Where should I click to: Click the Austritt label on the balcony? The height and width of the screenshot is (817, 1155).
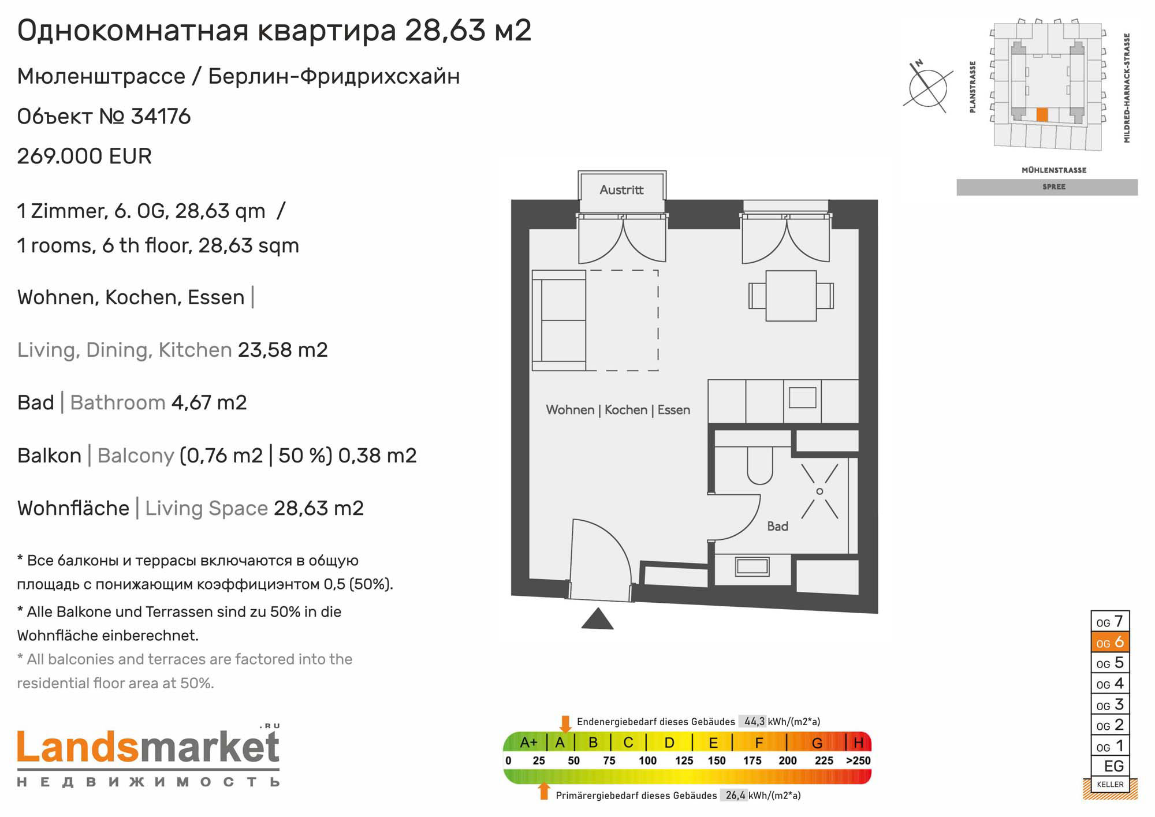tap(621, 190)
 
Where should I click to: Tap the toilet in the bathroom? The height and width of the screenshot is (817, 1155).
tap(759, 465)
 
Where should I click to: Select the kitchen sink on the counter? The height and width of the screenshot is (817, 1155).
tap(802, 398)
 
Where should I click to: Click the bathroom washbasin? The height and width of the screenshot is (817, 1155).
tap(752, 566)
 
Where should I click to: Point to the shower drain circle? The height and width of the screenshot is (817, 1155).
tap(819, 491)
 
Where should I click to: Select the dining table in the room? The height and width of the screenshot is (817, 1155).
tap(791, 296)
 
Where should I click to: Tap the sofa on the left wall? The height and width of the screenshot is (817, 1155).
tap(559, 320)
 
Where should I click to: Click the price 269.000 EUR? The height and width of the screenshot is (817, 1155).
tap(84, 156)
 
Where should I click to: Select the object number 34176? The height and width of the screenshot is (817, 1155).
tap(161, 117)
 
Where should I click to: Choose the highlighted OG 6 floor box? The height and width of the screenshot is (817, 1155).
tap(1110, 642)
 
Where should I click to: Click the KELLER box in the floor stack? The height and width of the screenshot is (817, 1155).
tap(1110, 784)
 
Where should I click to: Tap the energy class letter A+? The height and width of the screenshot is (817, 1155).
tap(528, 743)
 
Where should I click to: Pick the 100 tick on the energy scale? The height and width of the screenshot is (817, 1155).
tap(647, 760)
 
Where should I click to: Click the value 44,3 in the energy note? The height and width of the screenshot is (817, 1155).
tap(754, 722)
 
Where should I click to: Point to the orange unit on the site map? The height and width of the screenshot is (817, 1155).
tap(1041, 114)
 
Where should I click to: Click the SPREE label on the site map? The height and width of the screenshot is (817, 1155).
tap(1054, 186)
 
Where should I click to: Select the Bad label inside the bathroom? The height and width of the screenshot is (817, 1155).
tap(777, 527)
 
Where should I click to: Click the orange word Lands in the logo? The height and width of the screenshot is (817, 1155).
tap(79, 747)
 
